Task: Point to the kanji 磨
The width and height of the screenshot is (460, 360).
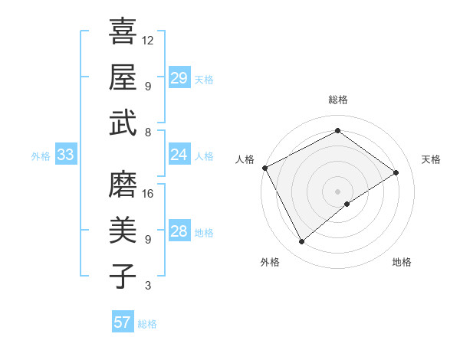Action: [x=123, y=184]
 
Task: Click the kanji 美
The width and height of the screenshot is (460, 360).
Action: [x=123, y=230]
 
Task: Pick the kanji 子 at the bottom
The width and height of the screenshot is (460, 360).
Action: [x=123, y=276]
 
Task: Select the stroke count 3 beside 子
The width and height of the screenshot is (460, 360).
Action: [x=147, y=286]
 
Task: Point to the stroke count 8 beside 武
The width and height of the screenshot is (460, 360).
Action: [x=147, y=132]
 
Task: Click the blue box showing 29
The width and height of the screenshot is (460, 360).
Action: [x=179, y=77]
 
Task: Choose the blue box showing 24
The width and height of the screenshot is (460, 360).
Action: [x=179, y=155]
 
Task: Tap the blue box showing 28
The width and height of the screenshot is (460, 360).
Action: [x=179, y=231]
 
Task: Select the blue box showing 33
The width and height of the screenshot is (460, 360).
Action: [x=66, y=155]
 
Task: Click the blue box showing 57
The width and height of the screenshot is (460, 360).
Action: [x=123, y=322]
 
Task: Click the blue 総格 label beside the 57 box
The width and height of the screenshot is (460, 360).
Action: [x=147, y=324]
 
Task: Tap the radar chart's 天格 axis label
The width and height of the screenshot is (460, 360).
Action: [x=431, y=159]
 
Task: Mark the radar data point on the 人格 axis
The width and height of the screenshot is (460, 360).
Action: [x=265, y=168]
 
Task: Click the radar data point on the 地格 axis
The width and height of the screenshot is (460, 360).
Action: [x=347, y=204]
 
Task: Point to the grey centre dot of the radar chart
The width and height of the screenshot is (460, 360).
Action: [x=337, y=190]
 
